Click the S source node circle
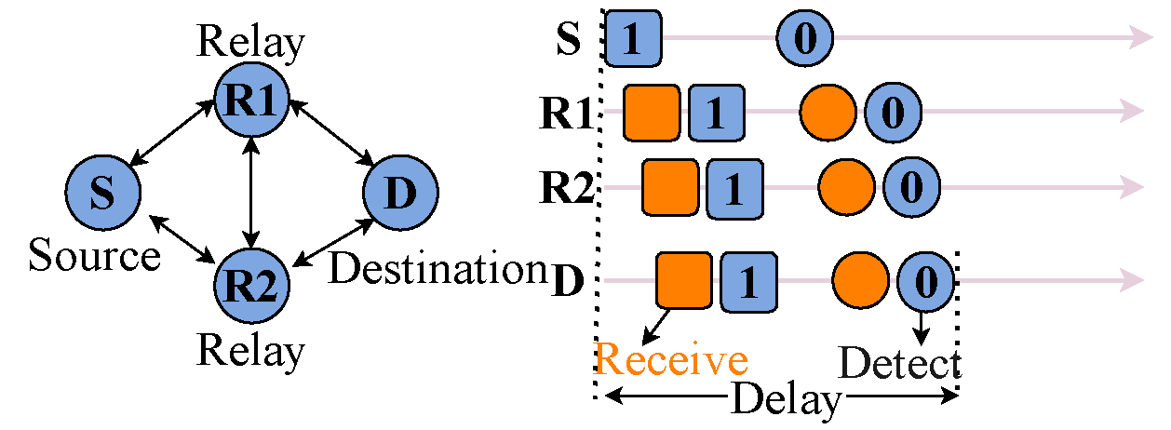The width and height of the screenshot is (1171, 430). click(103, 192)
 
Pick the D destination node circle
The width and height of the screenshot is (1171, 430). click(400, 193)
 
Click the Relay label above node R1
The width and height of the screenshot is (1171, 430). click(251, 42)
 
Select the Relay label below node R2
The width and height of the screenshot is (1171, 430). click(251, 351)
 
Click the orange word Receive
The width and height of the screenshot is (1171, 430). click(671, 360)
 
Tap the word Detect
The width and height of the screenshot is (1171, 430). click(899, 364)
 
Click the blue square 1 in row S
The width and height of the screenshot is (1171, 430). click(634, 40)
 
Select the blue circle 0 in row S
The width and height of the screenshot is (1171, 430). click(804, 39)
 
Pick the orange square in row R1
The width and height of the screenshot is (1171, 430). click(653, 113)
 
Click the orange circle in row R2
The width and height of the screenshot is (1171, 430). click(846, 186)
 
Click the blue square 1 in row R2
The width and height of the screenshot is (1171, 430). click(734, 186)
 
